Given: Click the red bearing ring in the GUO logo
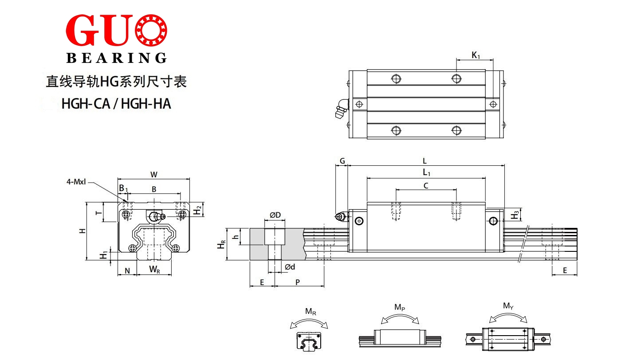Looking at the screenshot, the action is click(151, 30).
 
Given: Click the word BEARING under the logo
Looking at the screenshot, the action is click(117, 58).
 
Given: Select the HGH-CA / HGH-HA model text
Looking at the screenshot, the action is click(116, 103).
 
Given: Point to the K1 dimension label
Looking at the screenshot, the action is click(476, 55).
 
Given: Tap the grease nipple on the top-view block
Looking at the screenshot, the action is click(342, 109).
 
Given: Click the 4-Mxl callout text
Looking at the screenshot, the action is click(76, 182).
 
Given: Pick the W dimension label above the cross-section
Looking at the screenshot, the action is click(154, 175).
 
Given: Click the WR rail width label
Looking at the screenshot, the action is click(154, 270).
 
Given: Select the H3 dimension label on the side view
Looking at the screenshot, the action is click(515, 215).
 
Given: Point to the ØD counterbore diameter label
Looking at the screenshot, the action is click(275, 215).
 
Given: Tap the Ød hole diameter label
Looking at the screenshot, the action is click(290, 267).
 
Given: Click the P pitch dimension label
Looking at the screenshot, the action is click(298, 282).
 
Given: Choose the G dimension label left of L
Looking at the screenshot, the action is click(342, 161).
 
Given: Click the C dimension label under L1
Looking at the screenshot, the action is click(426, 186).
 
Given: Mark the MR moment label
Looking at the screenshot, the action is click(311, 311).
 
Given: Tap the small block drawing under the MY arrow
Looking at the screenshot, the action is click(508, 339).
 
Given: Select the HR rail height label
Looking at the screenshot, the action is click(221, 244).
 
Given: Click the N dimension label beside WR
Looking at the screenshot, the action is click(127, 271).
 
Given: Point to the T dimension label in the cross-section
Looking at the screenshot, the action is click(98, 213).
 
